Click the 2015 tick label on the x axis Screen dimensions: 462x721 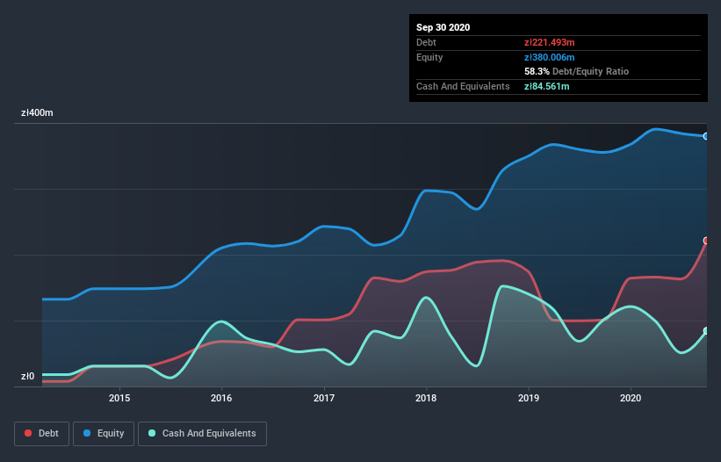point(119,398)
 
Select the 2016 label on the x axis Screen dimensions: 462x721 point(221,398)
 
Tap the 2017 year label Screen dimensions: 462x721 point(324,398)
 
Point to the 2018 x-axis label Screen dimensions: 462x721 point(426,398)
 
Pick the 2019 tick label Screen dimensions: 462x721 point(529,398)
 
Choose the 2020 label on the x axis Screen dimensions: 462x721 point(631,398)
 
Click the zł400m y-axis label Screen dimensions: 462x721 point(37,113)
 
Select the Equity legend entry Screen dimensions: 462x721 point(104,433)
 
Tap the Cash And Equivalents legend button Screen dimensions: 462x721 point(202,433)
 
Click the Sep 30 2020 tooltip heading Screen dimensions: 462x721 point(443,27)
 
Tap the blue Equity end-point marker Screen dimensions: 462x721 point(706,136)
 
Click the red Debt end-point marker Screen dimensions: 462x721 point(706,240)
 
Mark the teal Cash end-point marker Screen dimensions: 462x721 point(706,331)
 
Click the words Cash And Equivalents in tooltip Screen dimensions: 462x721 point(463,86)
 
